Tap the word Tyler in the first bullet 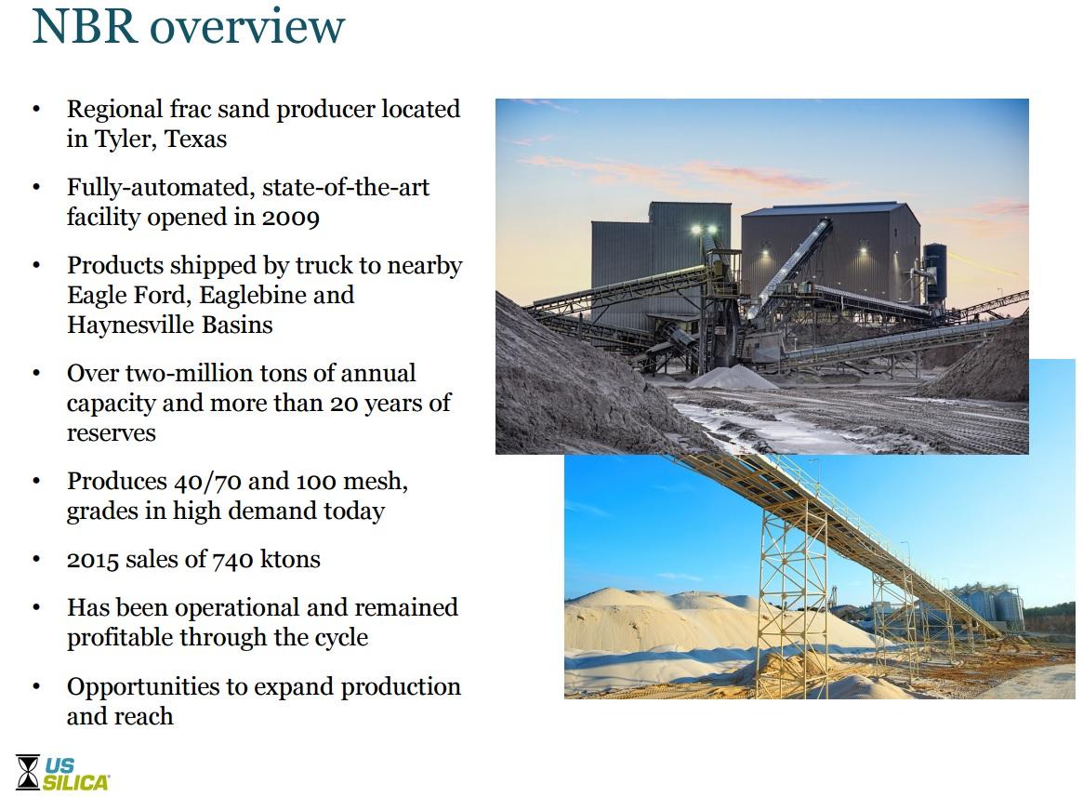pos(118,139)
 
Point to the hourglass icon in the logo pos(28,772)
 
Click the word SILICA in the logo pos(76,782)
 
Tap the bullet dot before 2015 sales pos(36,560)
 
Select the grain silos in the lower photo pos(985,604)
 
